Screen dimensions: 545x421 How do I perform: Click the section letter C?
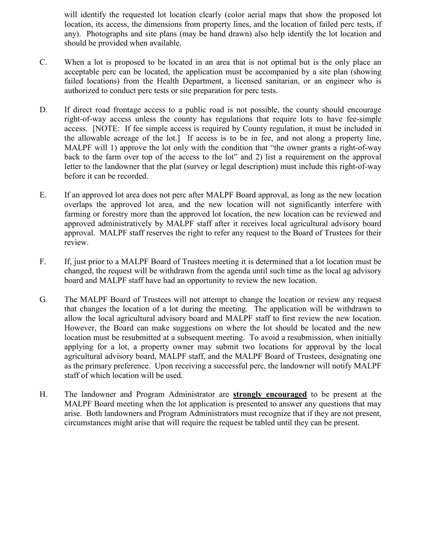43,62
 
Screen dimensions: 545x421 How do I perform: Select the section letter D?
43,110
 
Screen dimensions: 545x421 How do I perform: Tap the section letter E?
43,195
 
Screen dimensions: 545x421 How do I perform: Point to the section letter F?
43,261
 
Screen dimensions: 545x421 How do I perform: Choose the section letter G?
43,300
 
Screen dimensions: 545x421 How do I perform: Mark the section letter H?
43,394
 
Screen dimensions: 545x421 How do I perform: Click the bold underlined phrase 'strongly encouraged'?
269,394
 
